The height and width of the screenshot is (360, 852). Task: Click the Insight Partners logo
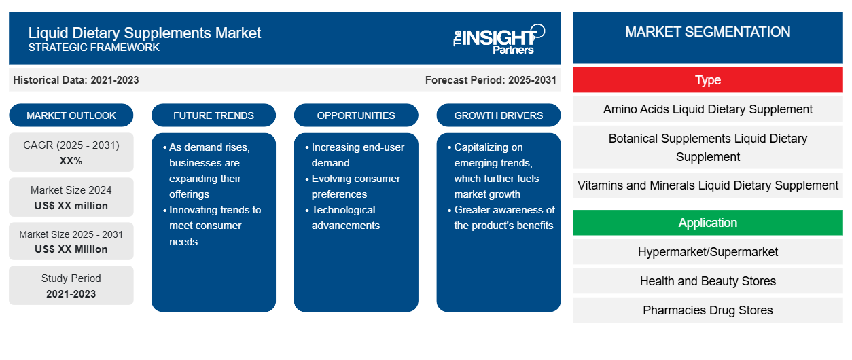click(x=499, y=39)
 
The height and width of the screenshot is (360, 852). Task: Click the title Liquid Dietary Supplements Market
click(x=145, y=33)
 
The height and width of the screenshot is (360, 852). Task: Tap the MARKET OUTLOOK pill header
click(x=71, y=115)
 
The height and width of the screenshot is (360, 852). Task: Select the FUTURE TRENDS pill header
click(x=213, y=115)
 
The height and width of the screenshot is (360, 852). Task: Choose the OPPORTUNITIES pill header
click(x=356, y=115)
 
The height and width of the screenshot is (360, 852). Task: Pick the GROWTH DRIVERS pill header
click(x=498, y=115)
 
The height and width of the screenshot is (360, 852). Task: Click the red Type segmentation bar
click(x=708, y=80)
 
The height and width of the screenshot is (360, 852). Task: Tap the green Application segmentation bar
click(x=708, y=222)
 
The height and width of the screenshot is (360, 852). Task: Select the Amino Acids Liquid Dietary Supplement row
click(x=708, y=109)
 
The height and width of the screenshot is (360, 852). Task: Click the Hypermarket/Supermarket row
click(x=708, y=251)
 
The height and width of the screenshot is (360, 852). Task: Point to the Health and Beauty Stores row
click(x=708, y=281)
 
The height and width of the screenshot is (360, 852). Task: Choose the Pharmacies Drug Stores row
click(x=708, y=310)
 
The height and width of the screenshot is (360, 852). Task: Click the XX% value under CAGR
click(x=71, y=161)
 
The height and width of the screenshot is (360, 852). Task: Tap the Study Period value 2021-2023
click(x=71, y=294)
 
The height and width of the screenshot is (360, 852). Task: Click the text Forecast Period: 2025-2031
click(x=491, y=80)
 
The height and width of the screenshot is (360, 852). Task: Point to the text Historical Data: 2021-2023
click(x=76, y=80)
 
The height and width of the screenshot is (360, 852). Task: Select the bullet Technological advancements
click(x=345, y=217)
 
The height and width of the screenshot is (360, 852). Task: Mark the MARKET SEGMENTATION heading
click(x=708, y=32)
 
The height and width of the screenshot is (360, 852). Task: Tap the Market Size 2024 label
click(x=71, y=190)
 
